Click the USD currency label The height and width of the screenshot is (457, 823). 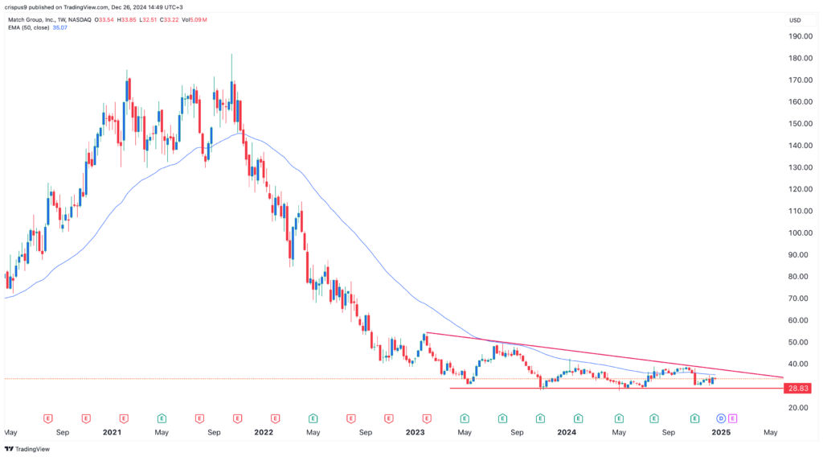coord(796,20)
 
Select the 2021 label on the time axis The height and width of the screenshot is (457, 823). coord(112,432)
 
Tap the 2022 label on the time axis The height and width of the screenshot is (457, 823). coord(264,432)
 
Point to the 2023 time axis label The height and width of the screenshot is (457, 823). coord(415,432)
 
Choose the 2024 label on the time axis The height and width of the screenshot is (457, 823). coord(567,432)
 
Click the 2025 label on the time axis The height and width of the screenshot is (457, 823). coord(719,432)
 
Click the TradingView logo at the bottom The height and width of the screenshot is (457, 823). coord(28,449)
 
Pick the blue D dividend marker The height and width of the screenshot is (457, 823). coord(720,418)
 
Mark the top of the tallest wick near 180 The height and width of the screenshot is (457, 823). coord(231,55)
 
